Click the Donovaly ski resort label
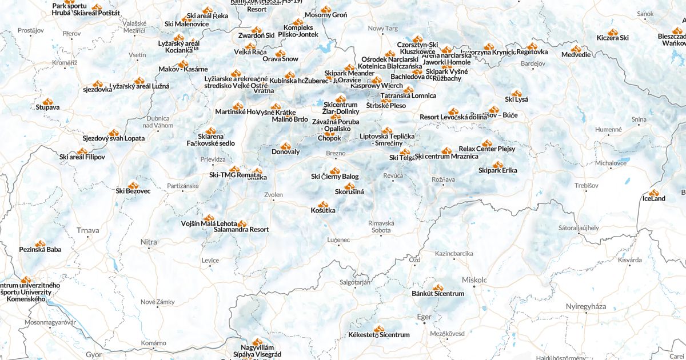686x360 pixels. (x=285, y=152)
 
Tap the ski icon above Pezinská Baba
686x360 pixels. (x=40, y=244)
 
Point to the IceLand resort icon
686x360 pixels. (x=653, y=193)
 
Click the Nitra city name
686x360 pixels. (x=149, y=242)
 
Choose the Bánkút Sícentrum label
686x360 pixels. (x=438, y=294)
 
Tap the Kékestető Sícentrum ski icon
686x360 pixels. (x=378, y=329)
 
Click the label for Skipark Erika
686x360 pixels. (x=497, y=171)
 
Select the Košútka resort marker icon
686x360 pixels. (x=324, y=204)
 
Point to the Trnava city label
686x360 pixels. (x=87, y=231)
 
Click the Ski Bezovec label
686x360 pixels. (x=133, y=191)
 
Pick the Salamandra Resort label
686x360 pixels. (x=241, y=230)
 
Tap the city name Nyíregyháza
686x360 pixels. (x=585, y=307)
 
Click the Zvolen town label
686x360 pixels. (x=273, y=195)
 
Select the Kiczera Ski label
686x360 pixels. (x=612, y=38)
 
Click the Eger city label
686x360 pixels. (x=424, y=317)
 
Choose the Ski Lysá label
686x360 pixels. (x=516, y=99)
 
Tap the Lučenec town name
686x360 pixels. (x=338, y=240)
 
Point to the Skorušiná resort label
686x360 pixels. (x=349, y=192)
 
